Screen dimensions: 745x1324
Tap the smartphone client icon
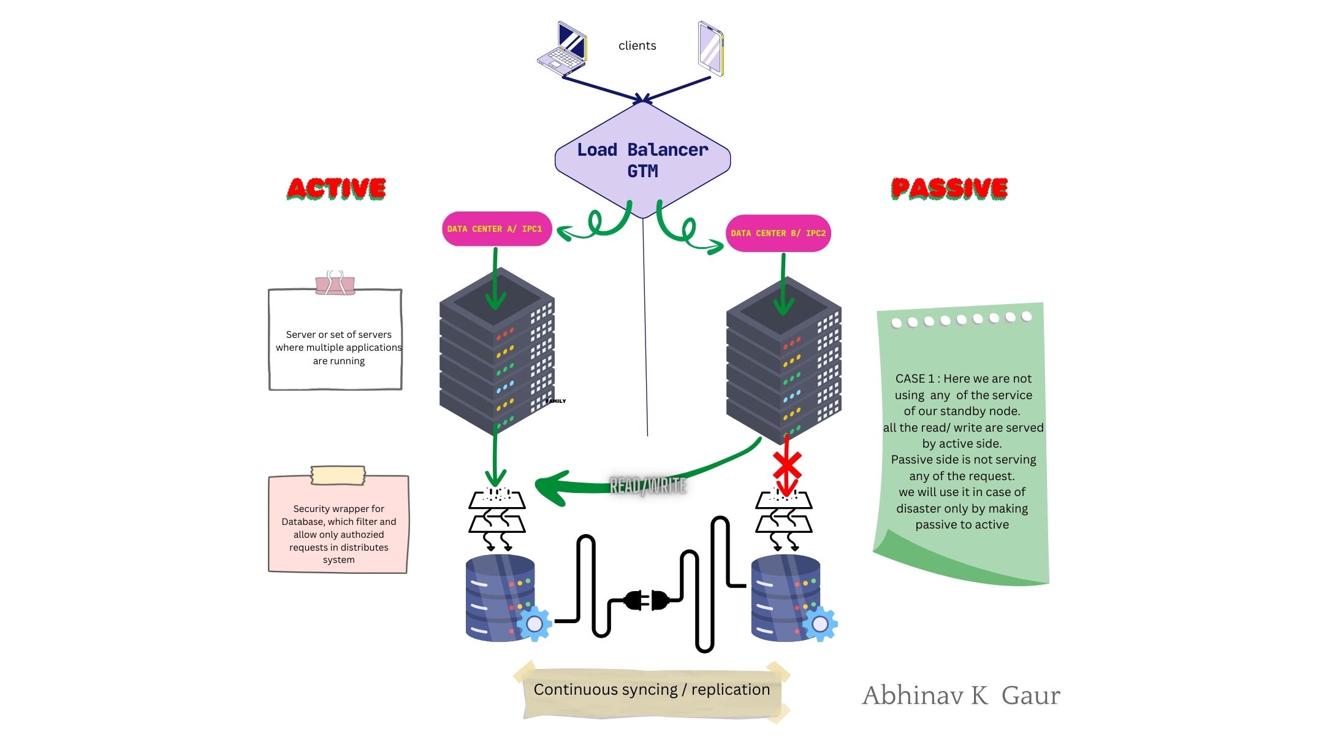pyautogui.click(x=711, y=49)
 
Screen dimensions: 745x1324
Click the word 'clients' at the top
pyautogui.click(x=637, y=45)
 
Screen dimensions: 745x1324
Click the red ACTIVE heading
pyautogui.click(x=336, y=188)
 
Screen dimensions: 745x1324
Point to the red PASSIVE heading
pyautogui.click(x=949, y=188)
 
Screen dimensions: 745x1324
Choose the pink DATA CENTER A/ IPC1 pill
pyautogui.click(x=496, y=229)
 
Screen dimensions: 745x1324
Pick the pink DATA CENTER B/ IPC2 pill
pyautogui.click(x=778, y=233)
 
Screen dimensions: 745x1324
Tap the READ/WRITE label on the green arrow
pyautogui.click(x=648, y=486)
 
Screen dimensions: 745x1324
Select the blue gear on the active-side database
pyautogui.click(x=535, y=624)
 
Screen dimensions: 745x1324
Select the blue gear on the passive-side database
pyautogui.click(x=820, y=624)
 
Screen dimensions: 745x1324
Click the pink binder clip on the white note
pyautogui.click(x=335, y=284)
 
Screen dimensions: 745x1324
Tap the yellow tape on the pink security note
pyautogui.click(x=338, y=475)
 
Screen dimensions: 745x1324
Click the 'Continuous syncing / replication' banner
pyautogui.click(x=651, y=690)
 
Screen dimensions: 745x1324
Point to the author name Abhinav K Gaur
pyautogui.click(x=961, y=695)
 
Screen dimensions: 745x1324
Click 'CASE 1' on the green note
pyautogui.click(x=915, y=378)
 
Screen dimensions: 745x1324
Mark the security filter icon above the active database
pyautogui.click(x=496, y=518)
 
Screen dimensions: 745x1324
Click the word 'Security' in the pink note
pyautogui.click(x=311, y=508)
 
